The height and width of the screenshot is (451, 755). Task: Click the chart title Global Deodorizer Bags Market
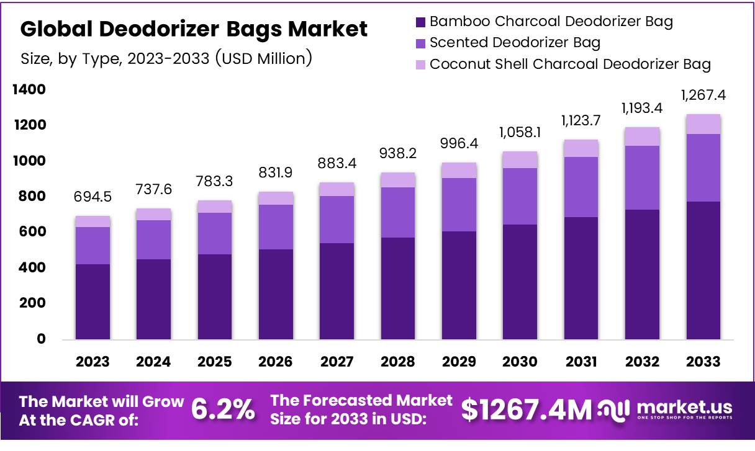click(194, 29)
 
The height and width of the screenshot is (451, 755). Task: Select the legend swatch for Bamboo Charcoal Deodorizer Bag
click(420, 22)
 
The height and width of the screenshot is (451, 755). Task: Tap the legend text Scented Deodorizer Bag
click(515, 43)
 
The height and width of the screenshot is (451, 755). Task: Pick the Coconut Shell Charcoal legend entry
click(570, 64)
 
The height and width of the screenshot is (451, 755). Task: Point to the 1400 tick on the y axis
click(29, 90)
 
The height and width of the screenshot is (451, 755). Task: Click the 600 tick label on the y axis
click(32, 232)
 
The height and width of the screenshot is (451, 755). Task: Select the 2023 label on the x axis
click(93, 362)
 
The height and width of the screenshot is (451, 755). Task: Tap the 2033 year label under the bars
click(703, 362)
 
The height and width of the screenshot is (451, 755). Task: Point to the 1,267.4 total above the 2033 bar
click(703, 96)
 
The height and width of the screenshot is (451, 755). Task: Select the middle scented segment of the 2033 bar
click(703, 167)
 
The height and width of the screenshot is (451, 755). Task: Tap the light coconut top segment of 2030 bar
click(520, 159)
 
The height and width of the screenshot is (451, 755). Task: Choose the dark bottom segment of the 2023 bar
click(93, 302)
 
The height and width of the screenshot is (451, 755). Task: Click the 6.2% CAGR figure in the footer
click(222, 410)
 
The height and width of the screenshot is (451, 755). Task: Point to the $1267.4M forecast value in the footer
click(527, 410)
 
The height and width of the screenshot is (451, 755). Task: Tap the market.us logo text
click(684, 408)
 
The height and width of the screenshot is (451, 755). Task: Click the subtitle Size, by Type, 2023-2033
click(166, 59)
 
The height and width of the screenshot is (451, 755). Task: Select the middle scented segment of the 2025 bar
click(215, 233)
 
